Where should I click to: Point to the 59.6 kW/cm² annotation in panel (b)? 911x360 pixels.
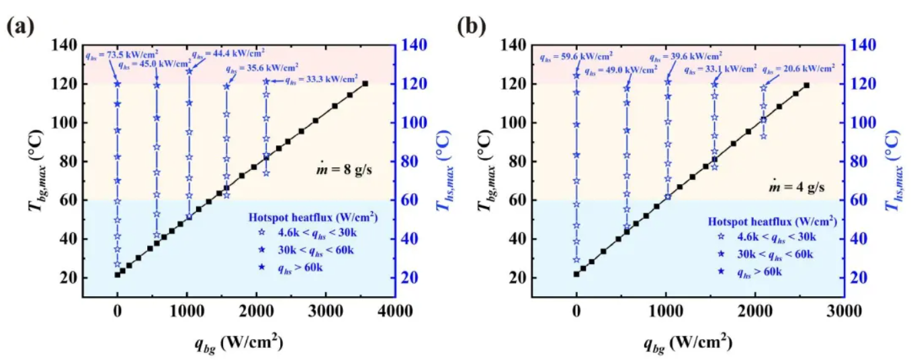pos(575,58)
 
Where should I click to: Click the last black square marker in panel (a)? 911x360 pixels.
pos(365,83)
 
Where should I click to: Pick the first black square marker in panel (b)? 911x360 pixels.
pos(576,274)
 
